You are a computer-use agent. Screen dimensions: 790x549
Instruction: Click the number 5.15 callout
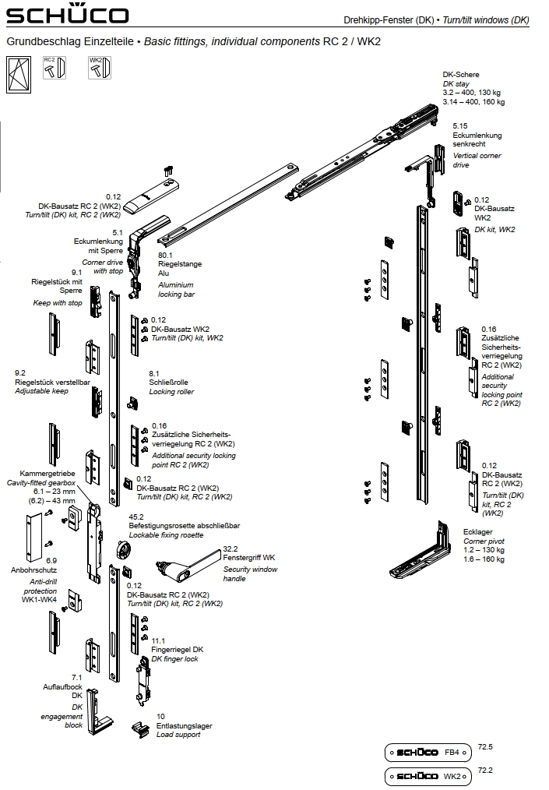coord(460,125)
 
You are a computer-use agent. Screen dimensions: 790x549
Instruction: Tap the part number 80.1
coord(165,255)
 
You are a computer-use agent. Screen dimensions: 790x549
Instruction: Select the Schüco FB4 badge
coord(429,753)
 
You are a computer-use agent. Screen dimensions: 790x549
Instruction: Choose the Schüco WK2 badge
coord(429,776)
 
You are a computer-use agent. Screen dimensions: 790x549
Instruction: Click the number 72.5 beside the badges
coord(485,747)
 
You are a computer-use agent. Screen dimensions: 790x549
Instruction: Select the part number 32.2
coord(231,548)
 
